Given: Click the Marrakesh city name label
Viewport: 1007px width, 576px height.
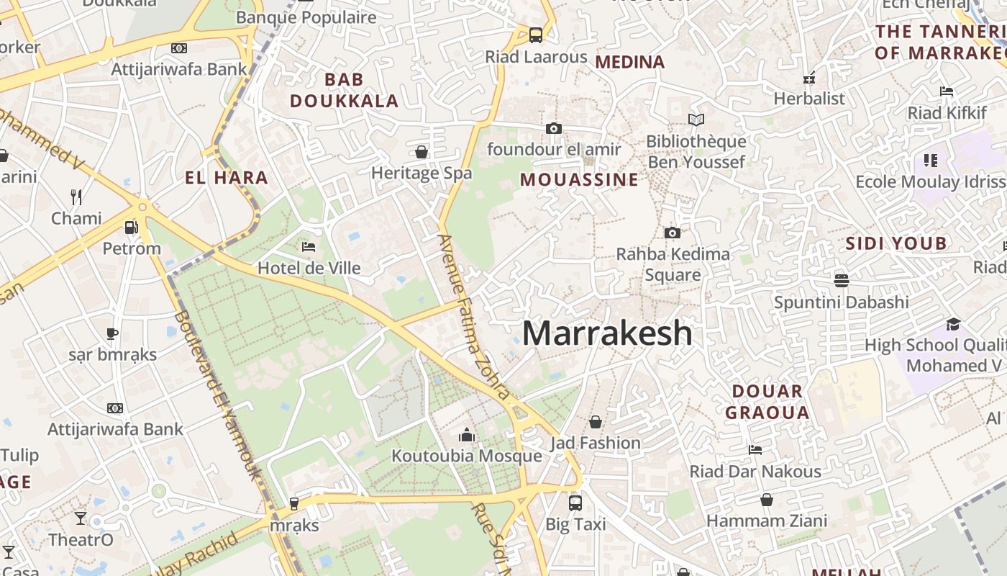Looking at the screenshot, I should pos(607,333).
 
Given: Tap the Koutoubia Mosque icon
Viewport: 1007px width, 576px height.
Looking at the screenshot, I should pos(467,435).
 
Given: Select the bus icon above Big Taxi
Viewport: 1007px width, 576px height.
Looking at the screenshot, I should pos(575,503).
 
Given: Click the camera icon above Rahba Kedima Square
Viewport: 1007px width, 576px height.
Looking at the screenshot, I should pos(673,233).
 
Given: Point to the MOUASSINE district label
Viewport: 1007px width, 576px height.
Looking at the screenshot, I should pos(579,179).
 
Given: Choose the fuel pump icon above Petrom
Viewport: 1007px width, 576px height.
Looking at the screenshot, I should pos(131,227).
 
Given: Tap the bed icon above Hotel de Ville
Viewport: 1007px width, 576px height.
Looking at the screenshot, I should pos(309,247).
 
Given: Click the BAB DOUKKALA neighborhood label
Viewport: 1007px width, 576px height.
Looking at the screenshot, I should pos(344,90).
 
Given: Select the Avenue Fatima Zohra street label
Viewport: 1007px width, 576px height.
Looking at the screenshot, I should pos(474,317).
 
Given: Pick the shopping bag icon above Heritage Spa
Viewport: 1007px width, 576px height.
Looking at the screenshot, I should pos(422,152).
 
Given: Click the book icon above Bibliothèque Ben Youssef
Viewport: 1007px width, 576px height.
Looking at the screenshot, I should pos(696,120).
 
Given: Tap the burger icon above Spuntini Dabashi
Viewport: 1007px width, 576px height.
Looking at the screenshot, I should pos(841,279).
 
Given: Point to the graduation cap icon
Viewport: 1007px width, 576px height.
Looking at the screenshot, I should pos(953,324).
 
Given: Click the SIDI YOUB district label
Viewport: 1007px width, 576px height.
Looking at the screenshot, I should pos(896,243).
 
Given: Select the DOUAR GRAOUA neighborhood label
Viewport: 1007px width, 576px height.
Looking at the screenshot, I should pos(767,402).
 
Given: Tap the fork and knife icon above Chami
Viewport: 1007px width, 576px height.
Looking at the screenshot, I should pos(76,197).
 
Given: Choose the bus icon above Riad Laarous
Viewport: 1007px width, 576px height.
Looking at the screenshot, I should pos(536,35).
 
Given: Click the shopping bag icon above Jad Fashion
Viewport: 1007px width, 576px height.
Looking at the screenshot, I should pos(596,421).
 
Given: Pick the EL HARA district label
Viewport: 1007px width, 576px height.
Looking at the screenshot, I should pos(226,178).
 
